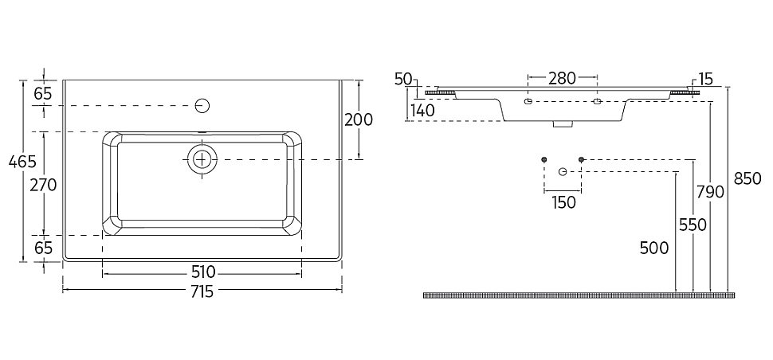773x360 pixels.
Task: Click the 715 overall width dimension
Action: (202, 292)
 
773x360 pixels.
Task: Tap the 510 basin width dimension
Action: (202, 272)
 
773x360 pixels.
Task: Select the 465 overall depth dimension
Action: (22, 162)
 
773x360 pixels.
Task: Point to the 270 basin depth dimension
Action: (43, 185)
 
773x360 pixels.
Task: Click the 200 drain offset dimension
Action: (359, 119)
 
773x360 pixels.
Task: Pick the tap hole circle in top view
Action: (202, 105)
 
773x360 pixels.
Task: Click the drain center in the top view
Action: (202, 159)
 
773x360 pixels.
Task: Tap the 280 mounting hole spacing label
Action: (562, 78)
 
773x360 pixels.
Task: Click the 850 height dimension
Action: (747, 178)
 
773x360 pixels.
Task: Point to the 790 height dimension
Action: (710, 192)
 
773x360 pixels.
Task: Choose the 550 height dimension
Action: (693, 225)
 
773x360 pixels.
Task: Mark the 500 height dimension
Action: (654, 248)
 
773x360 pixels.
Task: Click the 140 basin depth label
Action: (422, 111)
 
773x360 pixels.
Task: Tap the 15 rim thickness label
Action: (705, 79)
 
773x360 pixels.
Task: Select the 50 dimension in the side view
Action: (403, 79)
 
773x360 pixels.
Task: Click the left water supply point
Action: (544, 159)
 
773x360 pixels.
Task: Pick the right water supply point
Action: (581, 159)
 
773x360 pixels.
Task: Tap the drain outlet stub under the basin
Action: (562, 124)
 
